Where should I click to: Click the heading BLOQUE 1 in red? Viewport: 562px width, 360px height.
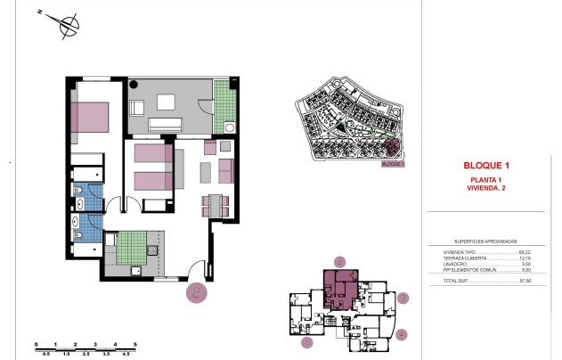[486, 165]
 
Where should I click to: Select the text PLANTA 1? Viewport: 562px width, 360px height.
[486, 180]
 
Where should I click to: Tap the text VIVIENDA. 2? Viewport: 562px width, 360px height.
[486, 188]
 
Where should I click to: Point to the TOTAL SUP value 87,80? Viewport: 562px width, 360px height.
[525, 281]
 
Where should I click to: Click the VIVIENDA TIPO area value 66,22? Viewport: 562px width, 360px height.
[525, 253]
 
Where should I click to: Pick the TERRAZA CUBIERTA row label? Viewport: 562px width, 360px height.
[464, 258]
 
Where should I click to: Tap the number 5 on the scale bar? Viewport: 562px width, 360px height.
[134, 343]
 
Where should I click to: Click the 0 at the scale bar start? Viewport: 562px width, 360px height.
[35, 343]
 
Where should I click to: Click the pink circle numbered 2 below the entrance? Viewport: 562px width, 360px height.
[197, 290]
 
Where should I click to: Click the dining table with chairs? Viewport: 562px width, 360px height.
[217, 204]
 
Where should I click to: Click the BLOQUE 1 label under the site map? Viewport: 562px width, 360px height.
[392, 164]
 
